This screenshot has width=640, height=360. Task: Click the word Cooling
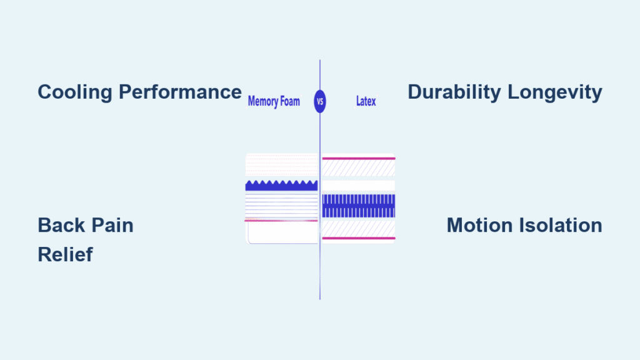point(76,92)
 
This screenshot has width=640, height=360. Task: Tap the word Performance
point(181,92)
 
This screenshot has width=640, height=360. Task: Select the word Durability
point(454,92)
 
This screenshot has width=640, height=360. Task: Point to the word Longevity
point(555,92)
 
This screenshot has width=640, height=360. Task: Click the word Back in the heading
point(62,225)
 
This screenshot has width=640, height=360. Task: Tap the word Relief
point(65,254)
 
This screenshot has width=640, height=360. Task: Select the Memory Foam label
point(274,101)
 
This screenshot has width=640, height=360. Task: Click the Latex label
point(366,101)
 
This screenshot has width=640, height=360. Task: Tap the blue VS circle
point(320,101)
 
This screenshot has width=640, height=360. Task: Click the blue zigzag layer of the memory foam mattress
point(281,186)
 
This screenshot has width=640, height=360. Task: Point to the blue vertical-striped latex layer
point(358,206)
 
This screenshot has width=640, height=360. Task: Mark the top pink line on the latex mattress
point(358,159)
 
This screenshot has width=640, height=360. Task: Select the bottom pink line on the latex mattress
point(358,238)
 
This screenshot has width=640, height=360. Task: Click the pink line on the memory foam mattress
point(281,221)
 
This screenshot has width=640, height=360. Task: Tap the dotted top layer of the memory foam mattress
point(281,166)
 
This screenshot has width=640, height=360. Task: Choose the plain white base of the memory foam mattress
point(282,232)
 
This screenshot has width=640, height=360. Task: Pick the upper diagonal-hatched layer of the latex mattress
point(358,168)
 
